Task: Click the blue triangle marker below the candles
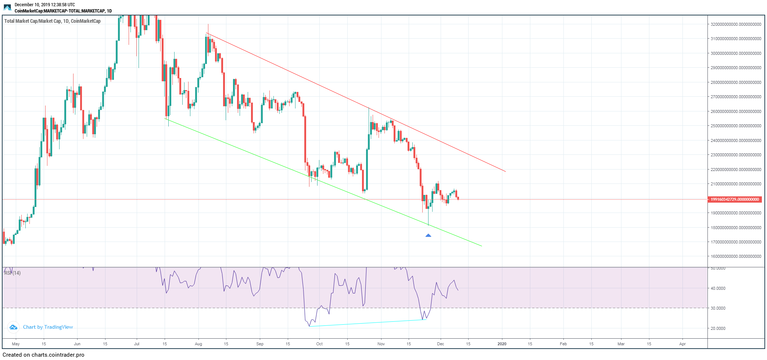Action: click(428, 235)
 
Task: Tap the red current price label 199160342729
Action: click(734, 199)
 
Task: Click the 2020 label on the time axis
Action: click(502, 344)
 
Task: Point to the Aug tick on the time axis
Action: click(198, 344)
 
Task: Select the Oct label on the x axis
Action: click(319, 344)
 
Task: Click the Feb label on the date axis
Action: click(563, 344)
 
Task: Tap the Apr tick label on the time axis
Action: click(682, 344)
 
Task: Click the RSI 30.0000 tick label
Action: click(718, 308)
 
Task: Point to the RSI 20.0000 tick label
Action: click(718, 328)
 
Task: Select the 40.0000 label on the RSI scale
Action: click(718, 288)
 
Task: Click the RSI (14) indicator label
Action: click(12, 273)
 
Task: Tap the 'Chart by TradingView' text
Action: click(48, 327)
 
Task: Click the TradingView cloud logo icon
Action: click(13, 327)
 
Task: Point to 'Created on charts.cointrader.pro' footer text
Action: click(43, 355)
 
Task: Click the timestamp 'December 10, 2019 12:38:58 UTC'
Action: click(44, 5)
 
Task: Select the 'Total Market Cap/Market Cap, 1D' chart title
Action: click(52, 21)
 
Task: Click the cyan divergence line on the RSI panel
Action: click(368, 323)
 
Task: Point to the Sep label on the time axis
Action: click(260, 344)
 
